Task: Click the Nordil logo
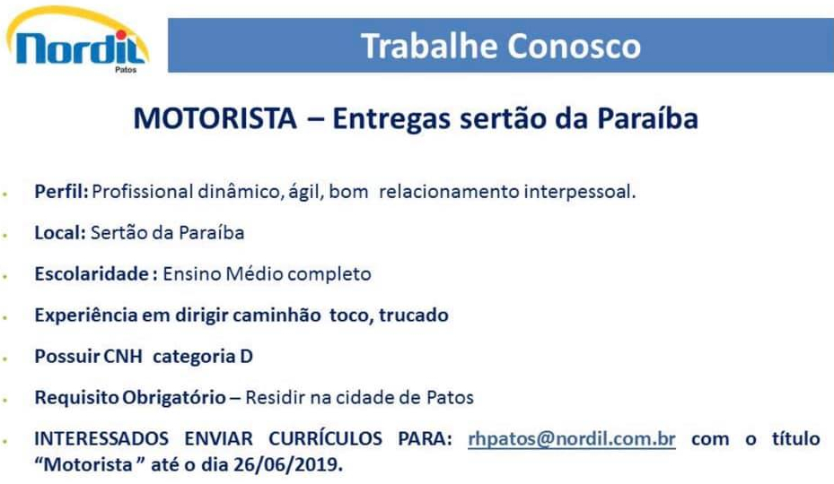pos(78,39)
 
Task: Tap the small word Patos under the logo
pos(126,70)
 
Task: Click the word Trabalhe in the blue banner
pos(429,46)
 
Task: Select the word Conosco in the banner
pos(575,47)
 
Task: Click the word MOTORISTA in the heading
pos(215,118)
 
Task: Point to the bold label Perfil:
pos(61,191)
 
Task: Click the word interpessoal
pos(580,191)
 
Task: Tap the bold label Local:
pos(60,233)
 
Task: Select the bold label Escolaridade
pos(92,273)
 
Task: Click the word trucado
pos(414,315)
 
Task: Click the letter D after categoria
pos(246,356)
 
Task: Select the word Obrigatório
pos(174,397)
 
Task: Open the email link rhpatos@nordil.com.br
pos(572,439)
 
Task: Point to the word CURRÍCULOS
pos(326,439)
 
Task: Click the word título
pos(795,439)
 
